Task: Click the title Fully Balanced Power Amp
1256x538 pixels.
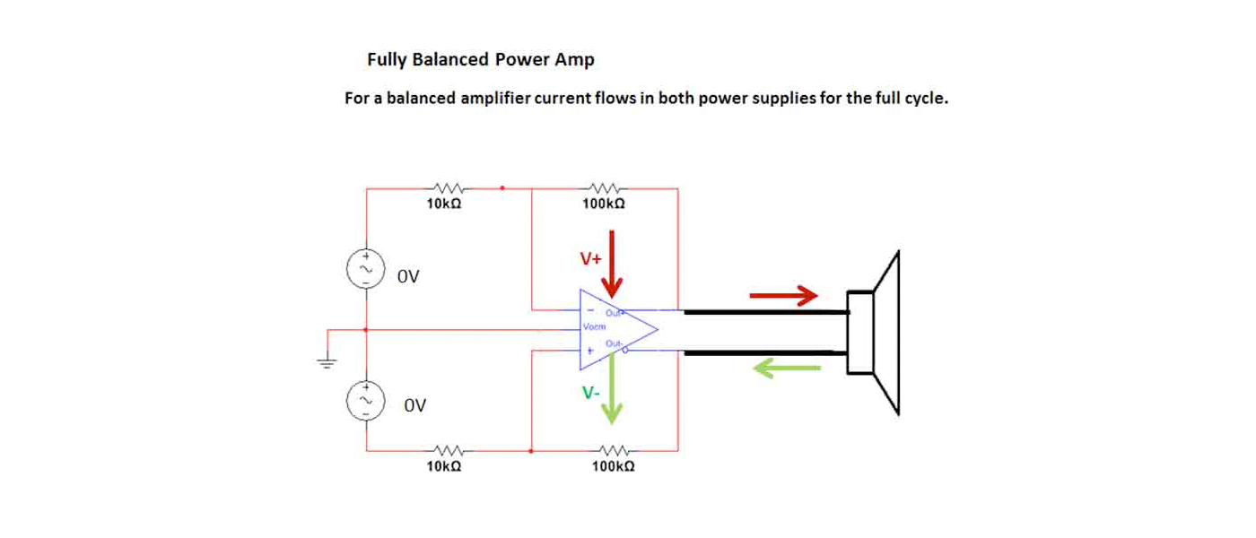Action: pos(480,60)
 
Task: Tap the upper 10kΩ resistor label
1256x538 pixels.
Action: pos(444,204)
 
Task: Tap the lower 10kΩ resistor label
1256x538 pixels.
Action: pos(444,467)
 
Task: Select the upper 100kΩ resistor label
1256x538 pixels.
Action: pos(604,204)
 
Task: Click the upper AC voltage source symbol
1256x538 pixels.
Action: pos(366,269)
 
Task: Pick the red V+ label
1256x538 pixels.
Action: pos(590,260)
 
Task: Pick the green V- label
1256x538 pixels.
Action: pos(590,393)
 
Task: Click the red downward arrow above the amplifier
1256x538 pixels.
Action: pos(612,265)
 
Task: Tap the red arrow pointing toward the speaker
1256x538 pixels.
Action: pos(784,295)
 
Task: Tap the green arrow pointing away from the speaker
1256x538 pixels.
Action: pos(787,368)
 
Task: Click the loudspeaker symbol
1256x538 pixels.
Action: pos(875,333)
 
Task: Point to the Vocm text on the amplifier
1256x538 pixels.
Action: pos(594,327)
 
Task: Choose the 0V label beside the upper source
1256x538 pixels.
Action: pos(409,276)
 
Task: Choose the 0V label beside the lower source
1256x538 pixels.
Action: pos(414,405)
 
